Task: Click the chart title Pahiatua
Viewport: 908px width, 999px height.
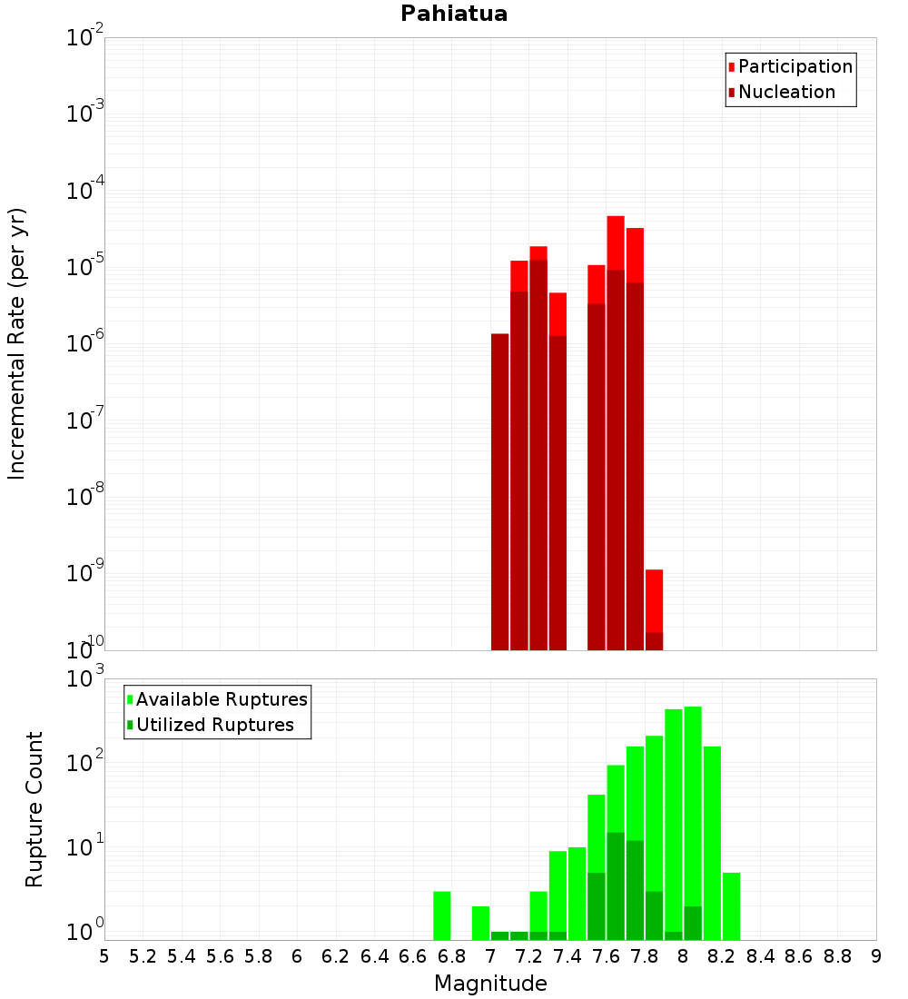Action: coord(454,14)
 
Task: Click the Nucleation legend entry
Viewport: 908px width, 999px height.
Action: coord(785,92)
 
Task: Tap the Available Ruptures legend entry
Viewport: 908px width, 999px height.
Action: coord(221,699)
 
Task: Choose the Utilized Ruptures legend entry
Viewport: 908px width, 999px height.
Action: coord(214,725)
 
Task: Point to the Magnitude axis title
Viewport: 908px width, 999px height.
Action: coord(490,984)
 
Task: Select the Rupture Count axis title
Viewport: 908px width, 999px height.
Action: coord(35,809)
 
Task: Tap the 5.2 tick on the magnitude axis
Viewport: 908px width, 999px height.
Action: coord(143,956)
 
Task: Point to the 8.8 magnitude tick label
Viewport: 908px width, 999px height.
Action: coord(837,956)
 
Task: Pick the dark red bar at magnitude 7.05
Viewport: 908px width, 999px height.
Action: coord(499,490)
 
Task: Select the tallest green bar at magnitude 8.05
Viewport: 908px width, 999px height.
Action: coord(693,817)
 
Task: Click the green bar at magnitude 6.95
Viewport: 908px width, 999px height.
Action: coord(480,923)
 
